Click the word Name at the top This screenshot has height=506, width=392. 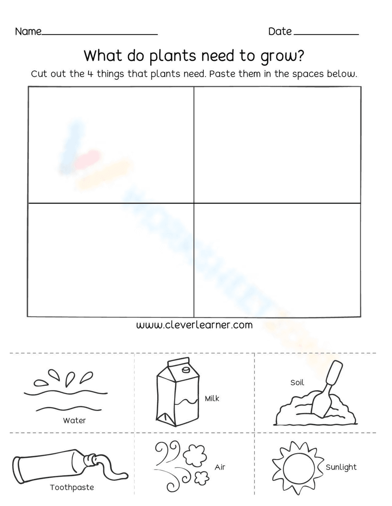point(28,31)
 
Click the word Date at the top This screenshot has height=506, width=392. point(280,31)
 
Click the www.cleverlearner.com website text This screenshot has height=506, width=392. point(194,325)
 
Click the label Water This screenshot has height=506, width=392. point(74,420)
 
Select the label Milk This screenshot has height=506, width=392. point(212,398)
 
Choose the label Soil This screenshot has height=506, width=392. point(297,382)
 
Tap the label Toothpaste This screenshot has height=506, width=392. point(72,487)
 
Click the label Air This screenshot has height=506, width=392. point(220,467)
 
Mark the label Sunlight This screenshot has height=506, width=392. point(341,467)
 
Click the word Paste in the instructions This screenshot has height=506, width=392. point(221,74)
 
